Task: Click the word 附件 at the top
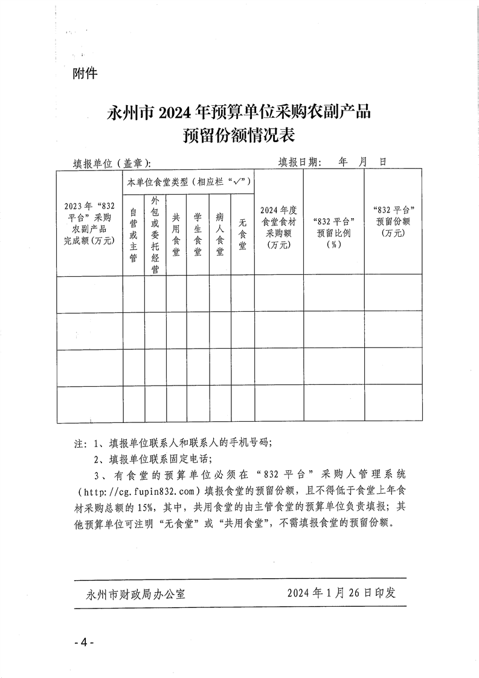point(85,74)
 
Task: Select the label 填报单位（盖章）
point(112,163)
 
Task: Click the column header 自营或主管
point(133,235)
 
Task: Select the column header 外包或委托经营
point(155,235)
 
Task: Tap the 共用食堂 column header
point(176,235)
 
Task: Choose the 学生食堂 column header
point(197,235)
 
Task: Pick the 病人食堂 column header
point(220,235)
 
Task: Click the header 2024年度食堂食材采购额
point(278,227)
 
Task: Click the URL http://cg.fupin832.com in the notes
point(142,490)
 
